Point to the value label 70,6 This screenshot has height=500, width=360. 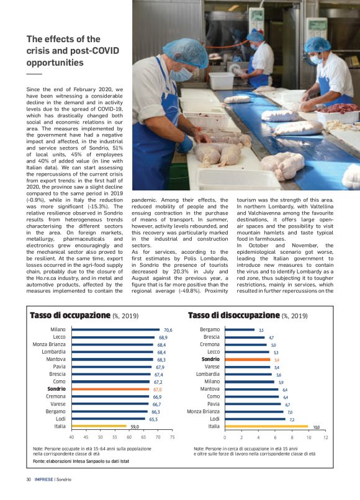pyautogui.click(x=168, y=330)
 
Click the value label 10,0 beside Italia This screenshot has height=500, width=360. pyautogui.click(x=316, y=427)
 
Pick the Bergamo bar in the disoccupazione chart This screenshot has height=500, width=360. pyautogui.click(x=239, y=329)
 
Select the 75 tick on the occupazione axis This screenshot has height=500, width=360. pyautogui.click(x=172, y=437)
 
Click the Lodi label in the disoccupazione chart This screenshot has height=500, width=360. pyautogui.click(x=214, y=419)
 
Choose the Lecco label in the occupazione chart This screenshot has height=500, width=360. pyautogui.click(x=58, y=337)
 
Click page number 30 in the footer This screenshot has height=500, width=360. pyautogui.click(x=29, y=479)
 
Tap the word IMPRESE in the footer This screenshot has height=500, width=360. pyautogui.click(x=43, y=479)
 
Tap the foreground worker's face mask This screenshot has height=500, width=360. pyautogui.click(x=182, y=73)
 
